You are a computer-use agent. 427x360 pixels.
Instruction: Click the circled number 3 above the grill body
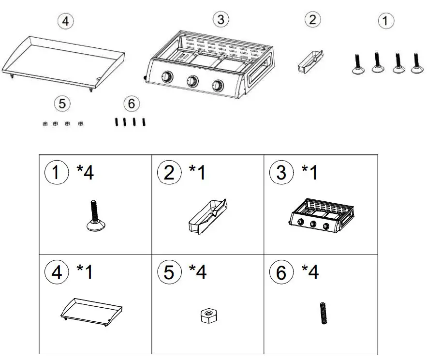pos(221,19)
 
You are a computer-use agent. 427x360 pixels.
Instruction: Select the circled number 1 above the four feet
pos(385,20)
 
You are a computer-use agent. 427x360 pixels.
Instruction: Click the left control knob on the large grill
pos(167,77)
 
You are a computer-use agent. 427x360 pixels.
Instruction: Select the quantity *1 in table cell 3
pos(309,173)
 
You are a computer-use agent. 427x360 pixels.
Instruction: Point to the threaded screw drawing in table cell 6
pos(323,313)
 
